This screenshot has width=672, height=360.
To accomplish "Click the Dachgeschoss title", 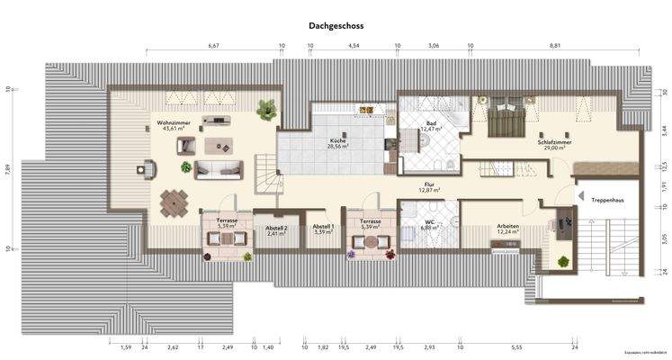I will coord(336,28).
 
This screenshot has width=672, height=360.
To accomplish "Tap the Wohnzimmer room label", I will coord(174,125).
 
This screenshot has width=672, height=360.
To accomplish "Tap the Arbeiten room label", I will coord(508,228).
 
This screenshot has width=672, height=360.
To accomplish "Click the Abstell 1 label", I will coord(323,229).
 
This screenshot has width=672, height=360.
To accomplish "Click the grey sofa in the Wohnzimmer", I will coord(219,168).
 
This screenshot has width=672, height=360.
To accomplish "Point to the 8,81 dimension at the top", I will coord(554,45).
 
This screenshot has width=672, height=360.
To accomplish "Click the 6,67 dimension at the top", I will coord(213,45).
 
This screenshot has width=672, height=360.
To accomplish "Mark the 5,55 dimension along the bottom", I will coord(516,346).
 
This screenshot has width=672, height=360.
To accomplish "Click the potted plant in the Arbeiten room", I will coord(563,262).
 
